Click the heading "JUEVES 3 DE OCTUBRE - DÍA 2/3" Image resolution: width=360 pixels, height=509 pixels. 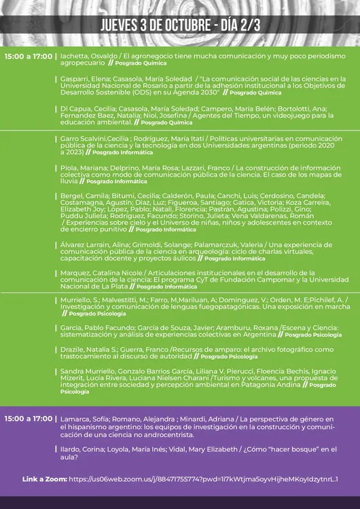(180, 25)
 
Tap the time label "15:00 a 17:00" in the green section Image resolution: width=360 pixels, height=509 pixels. (28, 56)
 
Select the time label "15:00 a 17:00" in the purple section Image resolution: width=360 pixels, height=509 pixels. (28, 419)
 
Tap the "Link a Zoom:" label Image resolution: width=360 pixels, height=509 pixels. (43, 479)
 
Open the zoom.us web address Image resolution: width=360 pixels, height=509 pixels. (203, 479)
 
